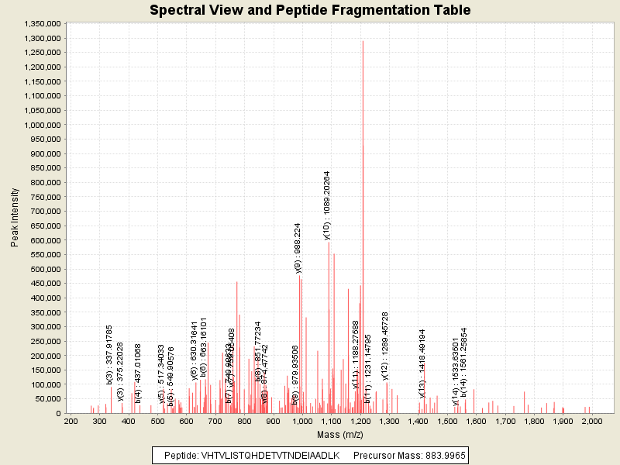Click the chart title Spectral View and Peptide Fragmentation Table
pos(310,11)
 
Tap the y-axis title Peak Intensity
pos(15,221)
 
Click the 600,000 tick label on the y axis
pos(45,240)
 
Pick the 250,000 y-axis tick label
pos(45,341)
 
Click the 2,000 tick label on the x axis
pos(592,421)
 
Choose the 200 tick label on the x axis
pos(71,421)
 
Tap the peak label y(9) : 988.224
pos(298,248)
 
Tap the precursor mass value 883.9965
pos(443,455)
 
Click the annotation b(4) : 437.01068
pos(139,363)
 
